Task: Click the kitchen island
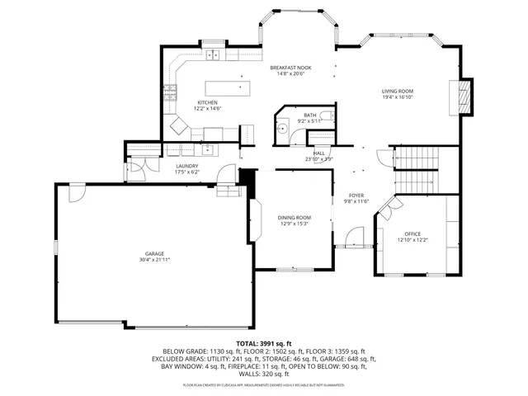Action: [x=228, y=87]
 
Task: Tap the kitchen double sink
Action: [x=213, y=56]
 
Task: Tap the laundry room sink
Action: [x=207, y=149]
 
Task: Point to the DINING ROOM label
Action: [x=294, y=217]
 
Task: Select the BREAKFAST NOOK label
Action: [x=290, y=68]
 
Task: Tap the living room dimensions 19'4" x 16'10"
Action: [x=397, y=97]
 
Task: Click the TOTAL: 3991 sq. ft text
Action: [x=263, y=342]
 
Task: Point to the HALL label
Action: [x=319, y=153]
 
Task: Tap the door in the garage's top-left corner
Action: [x=75, y=191]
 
